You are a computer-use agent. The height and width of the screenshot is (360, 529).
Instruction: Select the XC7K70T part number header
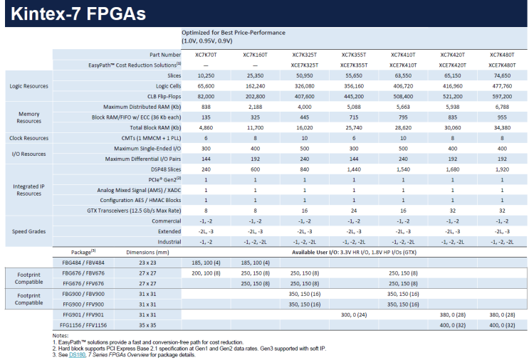click(x=206, y=54)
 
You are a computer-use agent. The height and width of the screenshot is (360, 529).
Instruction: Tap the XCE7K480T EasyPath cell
click(x=501, y=64)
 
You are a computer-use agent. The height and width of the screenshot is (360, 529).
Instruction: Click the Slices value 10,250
click(x=206, y=74)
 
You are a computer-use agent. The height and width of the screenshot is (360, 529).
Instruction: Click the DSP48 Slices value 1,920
click(x=501, y=171)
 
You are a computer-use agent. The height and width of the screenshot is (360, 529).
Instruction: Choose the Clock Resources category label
click(x=29, y=138)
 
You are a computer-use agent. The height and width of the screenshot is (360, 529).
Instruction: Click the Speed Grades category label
click(x=29, y=231)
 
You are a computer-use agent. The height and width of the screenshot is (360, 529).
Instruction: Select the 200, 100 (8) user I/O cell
click(x=206, y=272)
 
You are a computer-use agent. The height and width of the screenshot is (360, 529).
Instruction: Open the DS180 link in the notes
click(x=76, y=354)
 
